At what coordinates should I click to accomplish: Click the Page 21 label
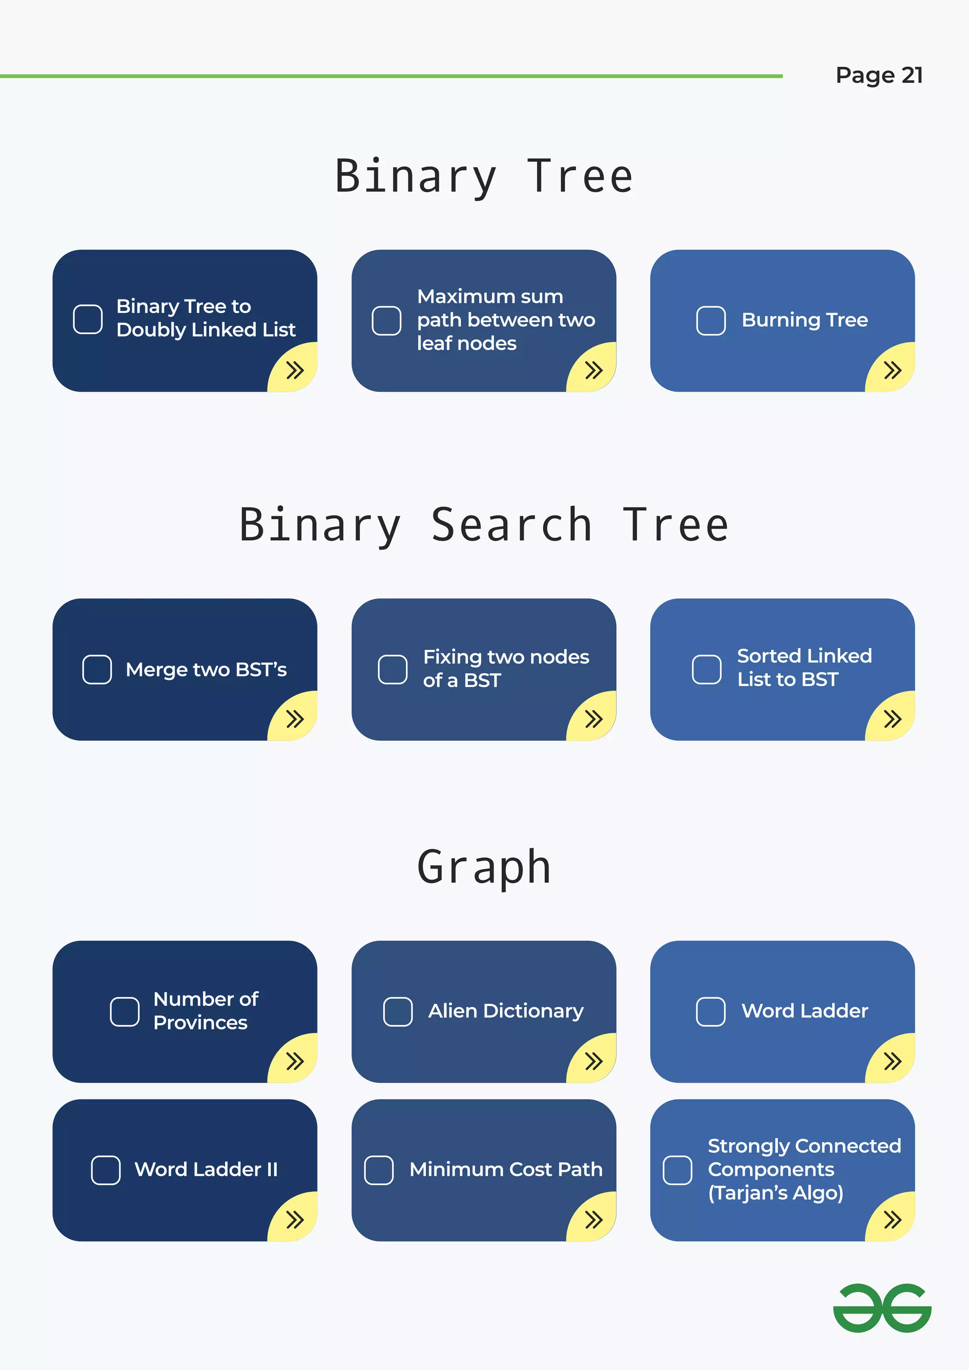(x=879, y=76)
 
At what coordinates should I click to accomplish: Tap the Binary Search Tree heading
(x=484, y=525)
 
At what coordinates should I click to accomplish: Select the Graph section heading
(x=484, y=867)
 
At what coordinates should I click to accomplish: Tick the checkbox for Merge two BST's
(x=97, y=669)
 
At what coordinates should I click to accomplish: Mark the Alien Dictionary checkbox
(x=397, y=1011)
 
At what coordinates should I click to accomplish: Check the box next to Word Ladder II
(x=106, y=1170)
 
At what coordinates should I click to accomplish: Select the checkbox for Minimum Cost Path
(x=379, y=1170)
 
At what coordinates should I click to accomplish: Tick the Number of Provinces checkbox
(x=125, y=1011)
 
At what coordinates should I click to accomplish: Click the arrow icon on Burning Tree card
(x=892, y=370)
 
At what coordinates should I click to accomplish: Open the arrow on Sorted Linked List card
(x=892, y=719)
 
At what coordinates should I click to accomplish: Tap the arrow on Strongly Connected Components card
(x=892, y=1220)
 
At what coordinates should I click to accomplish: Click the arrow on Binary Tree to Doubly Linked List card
(x=295, y=370)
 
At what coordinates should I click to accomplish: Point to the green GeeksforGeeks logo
(x=882, y=1309)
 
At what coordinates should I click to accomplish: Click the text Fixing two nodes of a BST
(x=505, y=668)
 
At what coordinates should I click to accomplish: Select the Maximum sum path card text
(x=505, y=320)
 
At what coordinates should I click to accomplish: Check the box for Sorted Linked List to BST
(x=706, y=669)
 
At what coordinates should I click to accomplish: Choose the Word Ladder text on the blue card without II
(x=804, y=1011)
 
